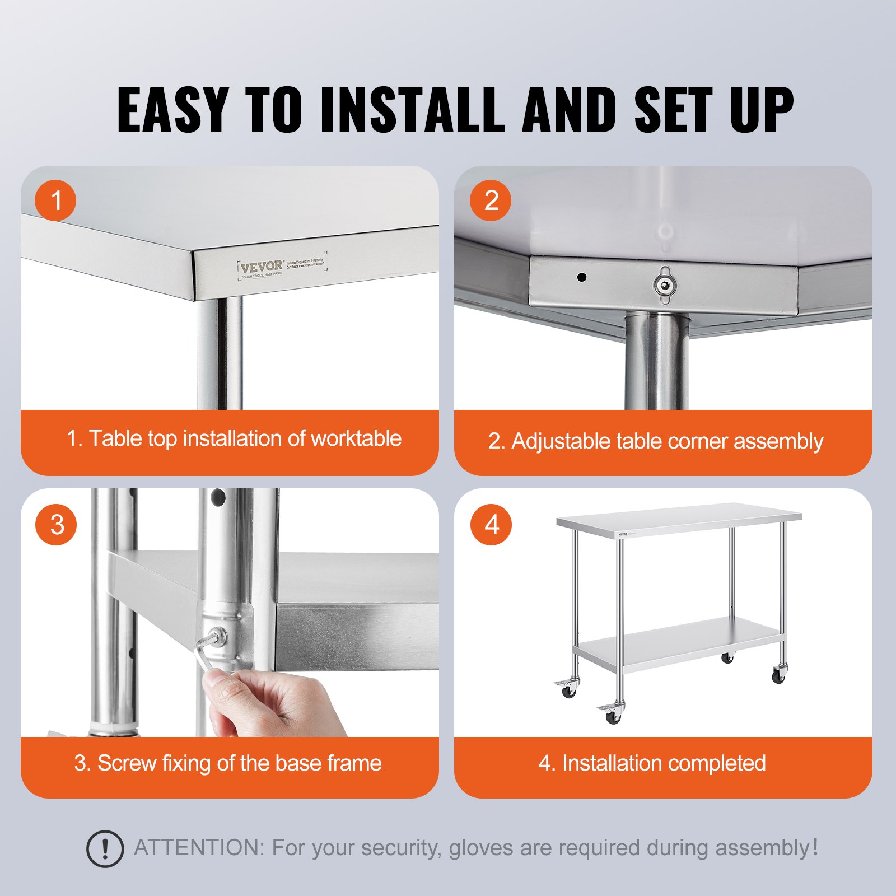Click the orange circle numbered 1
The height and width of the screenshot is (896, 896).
click(55, 200)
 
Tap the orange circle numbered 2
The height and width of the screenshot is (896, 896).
click(491, 200)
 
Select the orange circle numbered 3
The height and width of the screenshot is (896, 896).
click(56, 525)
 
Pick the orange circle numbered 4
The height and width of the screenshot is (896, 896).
click(491, 525)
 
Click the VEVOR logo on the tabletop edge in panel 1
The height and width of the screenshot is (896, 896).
click(262, 266)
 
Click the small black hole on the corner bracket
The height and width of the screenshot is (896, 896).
click(582, 277)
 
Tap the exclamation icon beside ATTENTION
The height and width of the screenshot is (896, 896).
click(105, 849)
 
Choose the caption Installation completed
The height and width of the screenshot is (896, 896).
click(664, 763)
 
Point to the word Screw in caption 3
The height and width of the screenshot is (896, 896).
click(127, 763)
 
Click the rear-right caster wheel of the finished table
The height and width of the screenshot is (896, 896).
click(727, 657)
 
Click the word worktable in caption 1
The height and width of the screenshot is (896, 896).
click(356, 438)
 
